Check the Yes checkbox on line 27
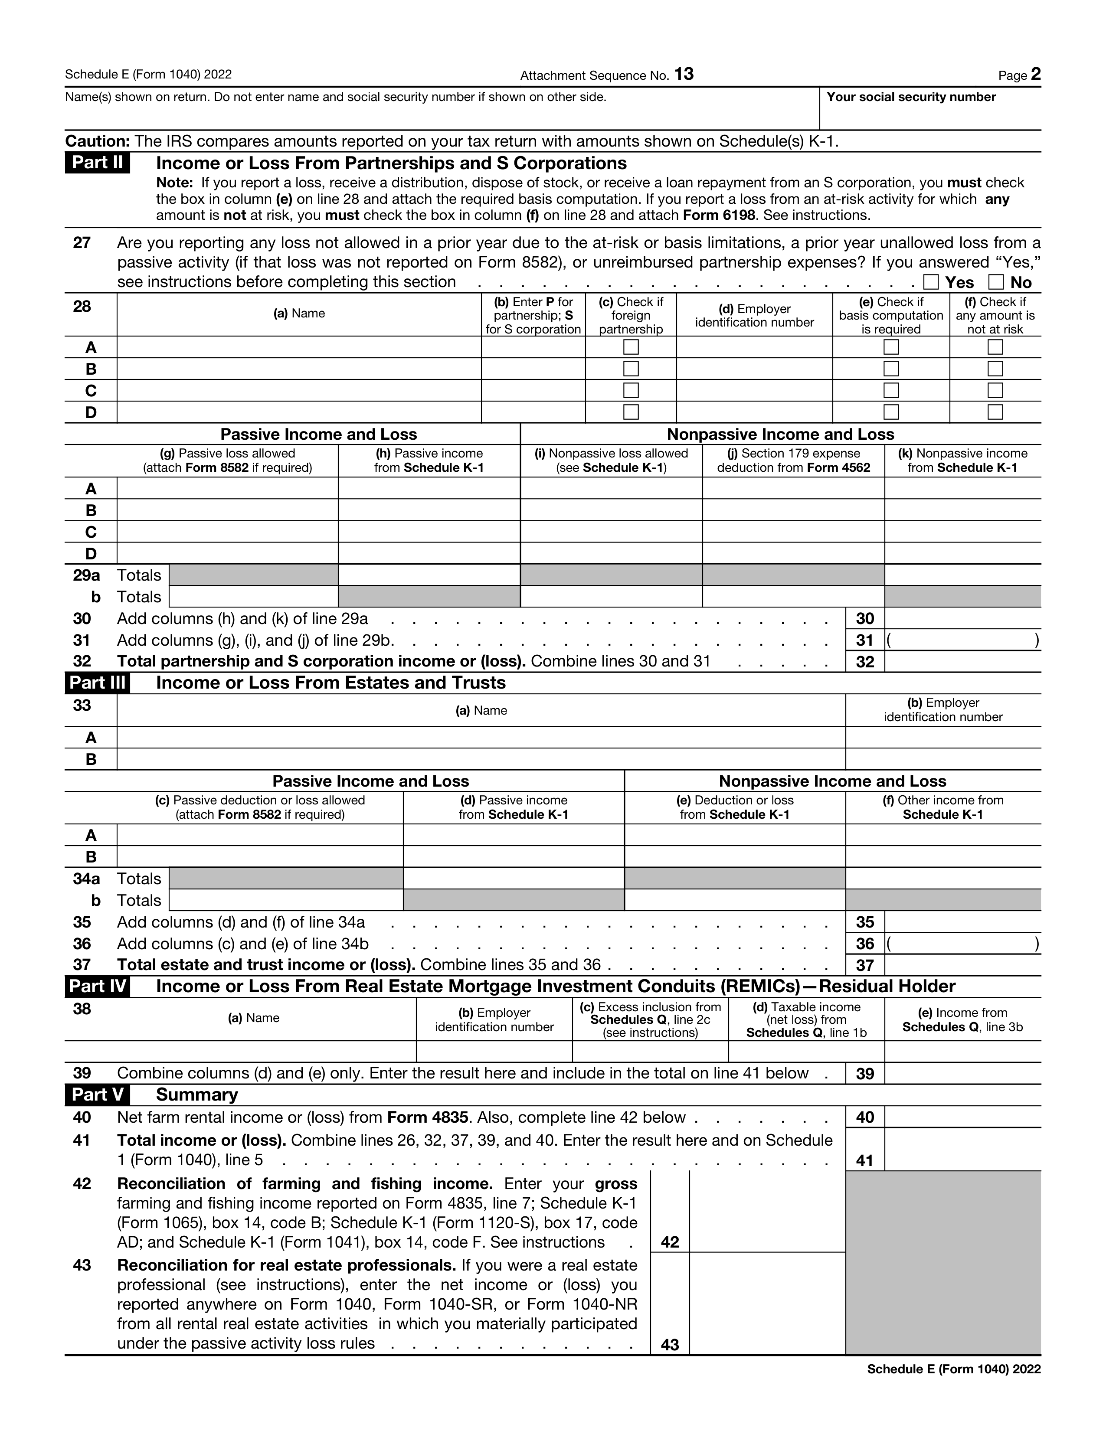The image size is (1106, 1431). (930, 282)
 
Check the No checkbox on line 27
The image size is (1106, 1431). (996, 282)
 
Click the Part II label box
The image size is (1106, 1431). (97, 163)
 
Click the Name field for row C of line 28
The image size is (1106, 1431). (299, 391)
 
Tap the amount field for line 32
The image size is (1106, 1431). (962, 662)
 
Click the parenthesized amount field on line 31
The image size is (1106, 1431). (962, 640)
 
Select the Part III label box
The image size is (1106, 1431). (97, 683)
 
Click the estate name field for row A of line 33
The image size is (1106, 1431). (481, 738)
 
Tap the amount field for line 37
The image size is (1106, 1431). (962, 965)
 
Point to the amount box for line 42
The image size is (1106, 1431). (766, 1212)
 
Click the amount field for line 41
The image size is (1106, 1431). (962, 1150)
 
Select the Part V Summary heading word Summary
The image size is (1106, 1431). (196, 1095)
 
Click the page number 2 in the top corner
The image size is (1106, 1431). (1035, 74)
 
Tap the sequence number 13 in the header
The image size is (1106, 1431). (684, 74)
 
